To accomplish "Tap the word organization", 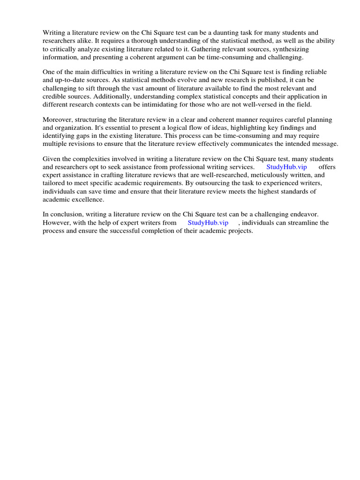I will tap(76, 127).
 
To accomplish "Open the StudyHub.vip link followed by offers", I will tap(286, 167).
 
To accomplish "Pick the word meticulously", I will tap(262, 175).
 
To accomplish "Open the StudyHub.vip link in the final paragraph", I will tap(208, 223).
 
